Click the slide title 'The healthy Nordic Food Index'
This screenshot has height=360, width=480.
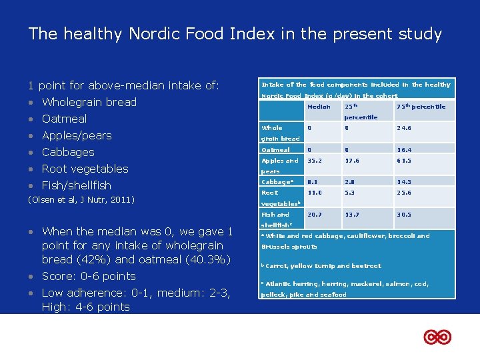[235, 34]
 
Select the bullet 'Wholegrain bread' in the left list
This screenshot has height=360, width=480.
[89, 102]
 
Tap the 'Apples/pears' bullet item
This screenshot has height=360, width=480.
[76, 135]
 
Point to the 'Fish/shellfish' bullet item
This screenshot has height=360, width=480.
[76, 185]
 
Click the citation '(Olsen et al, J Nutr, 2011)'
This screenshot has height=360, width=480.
[81, 200]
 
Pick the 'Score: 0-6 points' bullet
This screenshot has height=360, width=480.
[88, 276]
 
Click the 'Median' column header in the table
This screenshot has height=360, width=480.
[318, 107]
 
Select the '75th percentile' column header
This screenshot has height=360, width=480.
[421, 107]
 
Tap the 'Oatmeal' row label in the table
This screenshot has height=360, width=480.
[275, 150]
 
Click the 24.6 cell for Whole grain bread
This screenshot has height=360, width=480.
[404, 128]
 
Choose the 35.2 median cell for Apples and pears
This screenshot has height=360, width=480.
[315, 161]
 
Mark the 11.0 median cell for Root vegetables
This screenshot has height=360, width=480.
[315, 193]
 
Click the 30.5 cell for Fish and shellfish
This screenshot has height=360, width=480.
[404, 215]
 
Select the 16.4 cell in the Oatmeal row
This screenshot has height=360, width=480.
[404, 150]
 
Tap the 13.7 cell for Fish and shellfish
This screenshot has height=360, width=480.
[352, 215]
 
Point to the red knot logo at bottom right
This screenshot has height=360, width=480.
[437, 337]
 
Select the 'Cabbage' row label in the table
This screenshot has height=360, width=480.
[277, 182]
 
